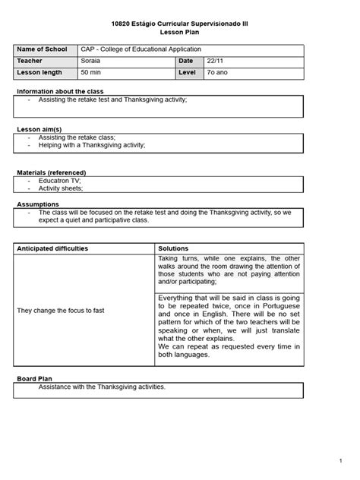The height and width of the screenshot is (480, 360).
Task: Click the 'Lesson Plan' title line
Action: tap(180, 33)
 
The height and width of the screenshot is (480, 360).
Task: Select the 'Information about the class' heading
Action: tap(61, 90)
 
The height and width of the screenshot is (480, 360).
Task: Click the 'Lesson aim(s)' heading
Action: tap(39, 130)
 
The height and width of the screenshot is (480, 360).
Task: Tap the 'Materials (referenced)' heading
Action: tap(52, 172)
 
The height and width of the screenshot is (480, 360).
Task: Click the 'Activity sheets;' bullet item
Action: tap(62, 189)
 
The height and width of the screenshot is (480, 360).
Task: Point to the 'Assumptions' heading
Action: tap(37, 204)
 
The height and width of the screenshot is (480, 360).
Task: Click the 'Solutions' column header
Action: tap(173, 248)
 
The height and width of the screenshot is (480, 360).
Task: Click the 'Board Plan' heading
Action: tap(36, 377)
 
